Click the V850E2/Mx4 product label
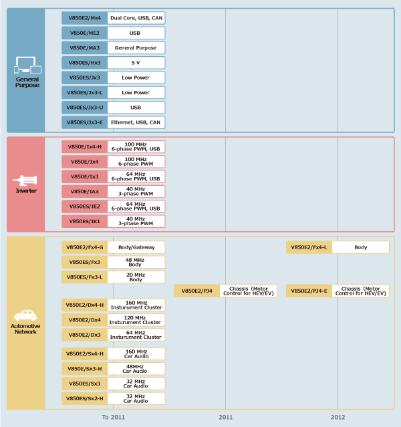tap(85, 18)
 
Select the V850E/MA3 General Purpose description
tap(136, 48)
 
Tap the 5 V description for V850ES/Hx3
tap(136, 63)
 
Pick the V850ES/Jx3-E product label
tap(85, 122)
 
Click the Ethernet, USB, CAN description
tap(136, 122)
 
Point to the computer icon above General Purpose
tap(27, 65)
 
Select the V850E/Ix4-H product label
tap(85, 147)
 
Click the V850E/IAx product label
tap(85, 191)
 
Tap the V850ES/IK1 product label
tap(85, 221)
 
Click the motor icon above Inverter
tap(27, 180)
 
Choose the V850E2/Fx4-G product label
tap(85, 247)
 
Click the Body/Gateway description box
tap(136, 247)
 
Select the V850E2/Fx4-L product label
tap(309, 247)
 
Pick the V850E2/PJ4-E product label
tap(309, 291)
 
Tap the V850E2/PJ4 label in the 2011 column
tap(196, 291)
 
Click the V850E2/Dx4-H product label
tap(85, 305)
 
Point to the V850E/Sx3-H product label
tap(85, 368)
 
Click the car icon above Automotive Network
tap(27, 315)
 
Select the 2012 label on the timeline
tap(338, 417)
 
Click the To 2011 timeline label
tap(114, 417)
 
